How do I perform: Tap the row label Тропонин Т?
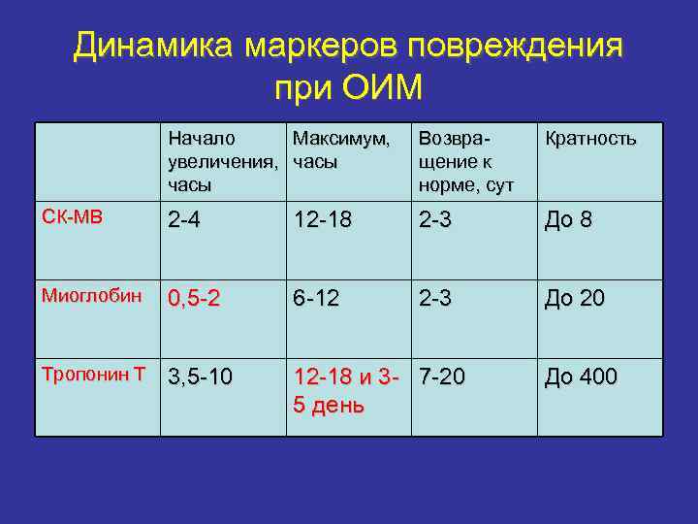point(93,375)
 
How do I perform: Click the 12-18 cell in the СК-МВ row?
point(324,221)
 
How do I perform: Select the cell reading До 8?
point(569,221)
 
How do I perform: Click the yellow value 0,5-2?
point(194,301)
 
